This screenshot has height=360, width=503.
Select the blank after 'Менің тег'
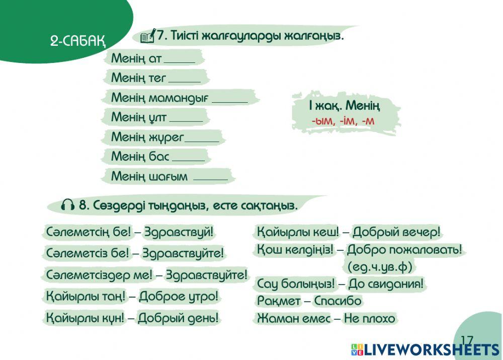[184, 79]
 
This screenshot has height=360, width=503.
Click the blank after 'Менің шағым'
[210, 177]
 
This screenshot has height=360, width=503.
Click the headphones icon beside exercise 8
[67, 205]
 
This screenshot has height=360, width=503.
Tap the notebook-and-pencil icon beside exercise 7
[147, 36]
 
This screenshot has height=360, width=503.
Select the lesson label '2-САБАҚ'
[77, 41]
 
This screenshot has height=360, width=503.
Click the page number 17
[466, 340]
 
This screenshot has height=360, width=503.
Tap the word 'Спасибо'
[338, 301]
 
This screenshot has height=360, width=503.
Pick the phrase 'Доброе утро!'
[179, 296]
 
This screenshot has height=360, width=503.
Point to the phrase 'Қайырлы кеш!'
[298, 232]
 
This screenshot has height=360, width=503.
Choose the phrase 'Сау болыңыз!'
[296, 284]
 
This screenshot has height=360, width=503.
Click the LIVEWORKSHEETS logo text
[430, 350]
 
